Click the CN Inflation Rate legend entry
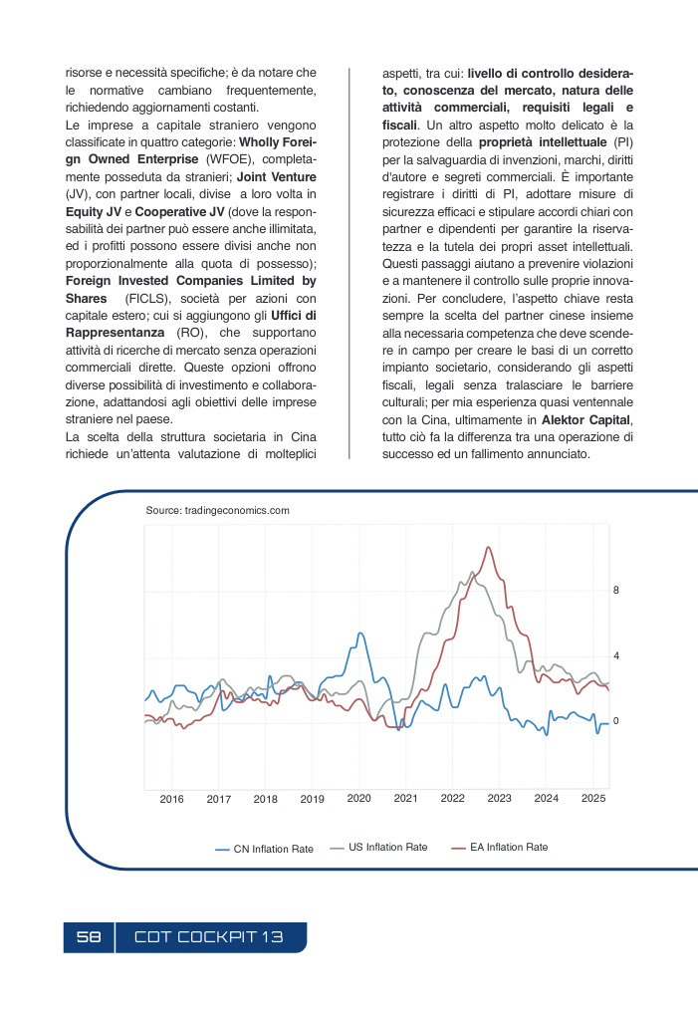coord(265,849)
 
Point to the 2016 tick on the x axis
coord(172,799)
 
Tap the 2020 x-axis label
coord(358,798)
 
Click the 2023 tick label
coord(499,798)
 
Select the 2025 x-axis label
coord(593,798)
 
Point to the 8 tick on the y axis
coord(616,591)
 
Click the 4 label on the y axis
coord(616,656)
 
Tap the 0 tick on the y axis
coord(616,720)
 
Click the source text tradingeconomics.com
coord(217,510)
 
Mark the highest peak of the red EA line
coord(488,547)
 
